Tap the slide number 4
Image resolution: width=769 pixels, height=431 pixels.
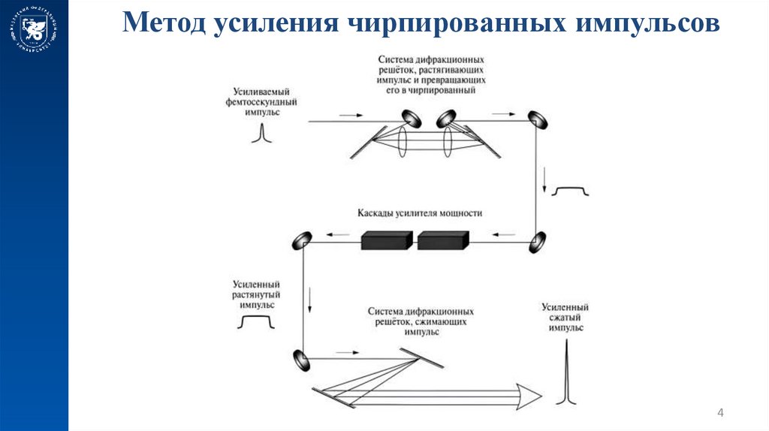pyautogui.click(x=721, y=413)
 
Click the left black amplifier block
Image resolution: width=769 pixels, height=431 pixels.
pyautogui.click(x=387, y=240)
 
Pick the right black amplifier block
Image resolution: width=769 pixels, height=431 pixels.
pyautogui.click(x=443, y=240)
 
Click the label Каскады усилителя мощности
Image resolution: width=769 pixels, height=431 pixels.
pyautogui.click(x=421, y=213)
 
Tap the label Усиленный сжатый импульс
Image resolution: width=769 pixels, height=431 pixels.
pyautogui.click(x=565, y=318)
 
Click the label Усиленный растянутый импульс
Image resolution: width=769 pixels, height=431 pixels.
pyautogui.click(x=257, y=295)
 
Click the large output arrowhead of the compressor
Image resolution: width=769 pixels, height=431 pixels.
pyautogui.click(x=529, y=393)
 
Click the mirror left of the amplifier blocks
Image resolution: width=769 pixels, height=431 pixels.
pyautogui.click(x=302, y=240)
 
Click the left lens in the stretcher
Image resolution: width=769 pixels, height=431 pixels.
pyautogui.click(x=403, y=140)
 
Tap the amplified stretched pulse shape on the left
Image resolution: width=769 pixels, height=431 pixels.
pyautogui.click(x=257, y=323)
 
